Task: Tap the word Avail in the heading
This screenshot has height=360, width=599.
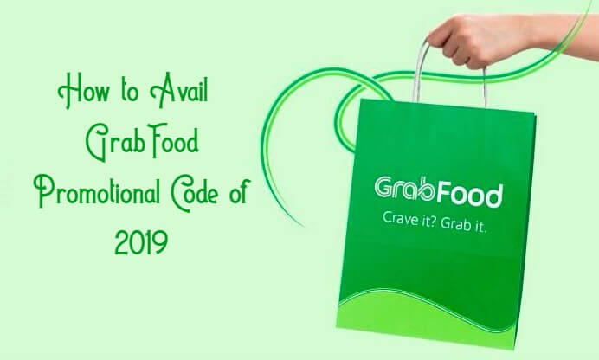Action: pyautogui.click(x=179, y=90)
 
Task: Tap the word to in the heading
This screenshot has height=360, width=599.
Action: pyautogui.click(x=130, y=92)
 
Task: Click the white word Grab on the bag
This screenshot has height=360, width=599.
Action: pyautogui.click(x=405, y=188)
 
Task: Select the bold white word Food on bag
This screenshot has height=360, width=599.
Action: pyautogui.click(x=469, y=195)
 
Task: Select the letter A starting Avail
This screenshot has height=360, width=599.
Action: pyautogui.click(x=159, y=90)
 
